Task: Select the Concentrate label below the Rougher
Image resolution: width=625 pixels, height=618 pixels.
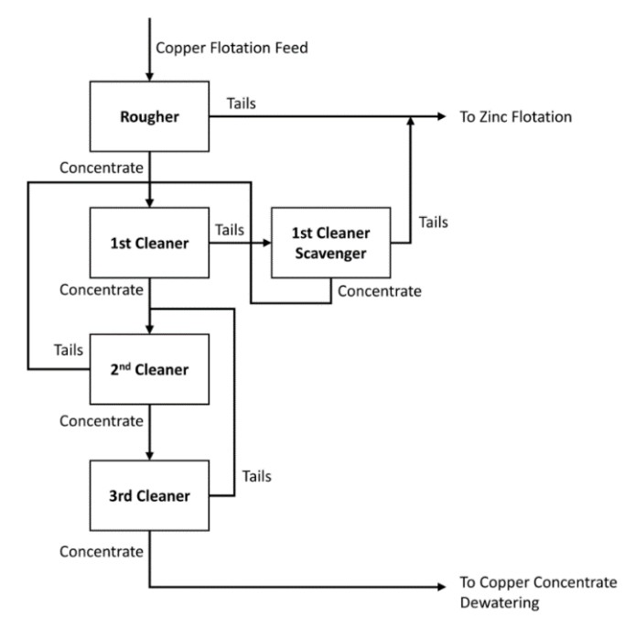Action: (x=101, y=168)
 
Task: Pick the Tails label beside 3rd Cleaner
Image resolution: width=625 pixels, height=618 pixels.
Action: (x=258, y=476)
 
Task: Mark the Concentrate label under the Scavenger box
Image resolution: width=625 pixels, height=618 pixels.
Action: (x=380, y=292)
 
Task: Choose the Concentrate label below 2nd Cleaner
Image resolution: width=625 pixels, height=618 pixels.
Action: (x=101, y=421)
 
